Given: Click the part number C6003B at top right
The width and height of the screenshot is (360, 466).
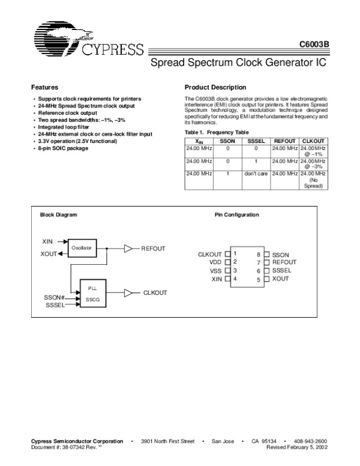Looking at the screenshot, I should [313, 45].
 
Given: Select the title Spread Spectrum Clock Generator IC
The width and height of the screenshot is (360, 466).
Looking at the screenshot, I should [237, 62].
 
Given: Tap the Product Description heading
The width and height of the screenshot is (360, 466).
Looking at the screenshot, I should [215, 87].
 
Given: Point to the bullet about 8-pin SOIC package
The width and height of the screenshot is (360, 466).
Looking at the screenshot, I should [62, 148].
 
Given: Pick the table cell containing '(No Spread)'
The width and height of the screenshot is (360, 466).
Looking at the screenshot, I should [313, 180].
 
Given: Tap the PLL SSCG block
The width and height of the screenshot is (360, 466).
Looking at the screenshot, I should [92, 293].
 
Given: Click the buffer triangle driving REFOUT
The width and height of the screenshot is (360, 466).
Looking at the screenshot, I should [129, 247].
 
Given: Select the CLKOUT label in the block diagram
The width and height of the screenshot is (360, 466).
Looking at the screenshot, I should [155, 292].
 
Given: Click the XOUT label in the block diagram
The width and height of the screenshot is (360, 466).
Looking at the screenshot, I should [49, 253].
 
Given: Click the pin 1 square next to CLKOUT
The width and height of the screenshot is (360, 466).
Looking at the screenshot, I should [227, 254].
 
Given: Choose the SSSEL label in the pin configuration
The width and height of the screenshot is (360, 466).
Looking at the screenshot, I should [281, 271].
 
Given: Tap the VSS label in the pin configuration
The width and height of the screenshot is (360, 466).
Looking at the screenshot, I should [215, 271].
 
